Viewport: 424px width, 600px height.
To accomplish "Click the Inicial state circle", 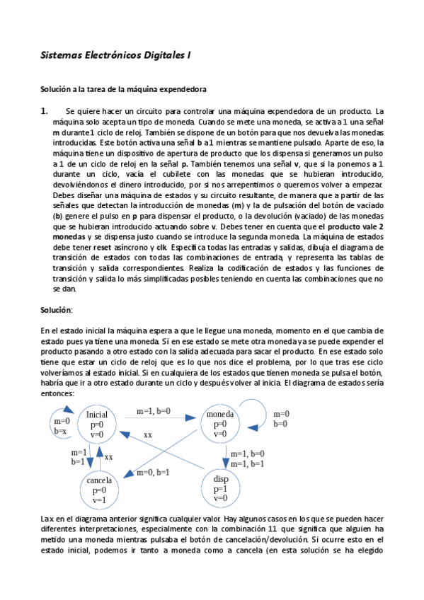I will click(x=98, y=424).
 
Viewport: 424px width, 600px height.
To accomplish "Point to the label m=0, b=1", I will click(x=153, y=472).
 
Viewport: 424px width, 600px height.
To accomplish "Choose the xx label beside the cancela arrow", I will click(x=108, y=457).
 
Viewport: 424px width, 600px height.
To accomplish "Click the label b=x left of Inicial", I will click(x=61, y=431).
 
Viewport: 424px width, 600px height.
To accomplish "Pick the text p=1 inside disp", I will click(x=220, y=488).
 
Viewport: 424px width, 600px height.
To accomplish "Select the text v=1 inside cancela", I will click(x=98, y=500).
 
